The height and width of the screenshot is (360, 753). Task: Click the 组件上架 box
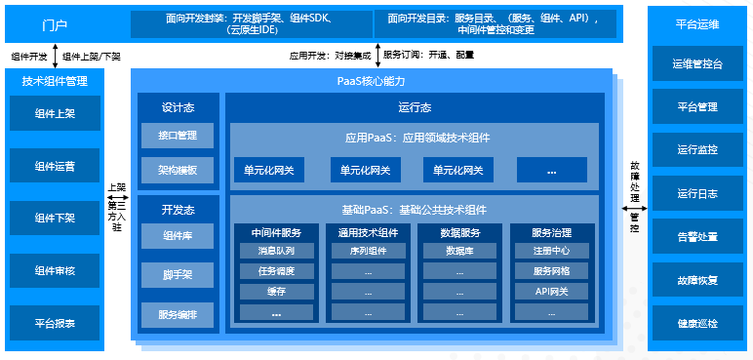tap(55, 113)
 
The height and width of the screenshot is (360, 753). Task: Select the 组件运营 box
tap(55, 166)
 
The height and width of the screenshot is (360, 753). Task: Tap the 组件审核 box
tap(55, 270)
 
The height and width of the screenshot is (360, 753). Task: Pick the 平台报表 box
tap(55, 322)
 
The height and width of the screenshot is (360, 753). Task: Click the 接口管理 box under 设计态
tap(178, 136)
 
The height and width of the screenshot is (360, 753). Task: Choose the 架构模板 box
tap(178, 170)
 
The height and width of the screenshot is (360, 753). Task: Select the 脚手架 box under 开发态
tap(178, 275)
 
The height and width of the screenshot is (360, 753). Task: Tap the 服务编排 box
tap(178, 315)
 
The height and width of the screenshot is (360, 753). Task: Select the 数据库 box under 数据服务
tap(460, 251)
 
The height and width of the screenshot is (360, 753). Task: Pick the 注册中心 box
tap(551, 251)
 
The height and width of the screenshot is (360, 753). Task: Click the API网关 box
tap(551, 292)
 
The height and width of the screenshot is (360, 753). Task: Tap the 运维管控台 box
tap(697, 64)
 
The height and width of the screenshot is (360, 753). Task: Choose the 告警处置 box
tap(697, 236)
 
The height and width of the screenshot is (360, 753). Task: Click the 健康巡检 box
tap(697, 323)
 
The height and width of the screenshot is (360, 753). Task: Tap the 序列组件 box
tap(368, 251)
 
